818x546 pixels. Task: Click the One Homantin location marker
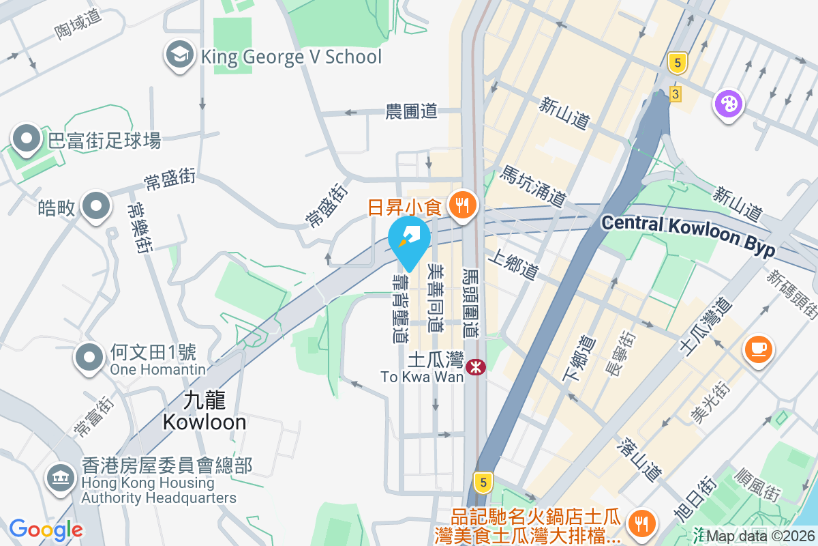point(89,358)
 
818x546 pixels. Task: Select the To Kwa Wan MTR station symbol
point(476,368)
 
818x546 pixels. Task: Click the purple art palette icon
point(728,104)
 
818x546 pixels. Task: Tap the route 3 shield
point(675,94)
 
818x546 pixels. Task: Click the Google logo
point(46,530)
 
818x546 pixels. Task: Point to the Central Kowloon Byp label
point(688,234)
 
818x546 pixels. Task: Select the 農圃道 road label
point(411,112)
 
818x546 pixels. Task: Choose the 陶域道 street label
point(78,25)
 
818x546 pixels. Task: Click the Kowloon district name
point(204,422)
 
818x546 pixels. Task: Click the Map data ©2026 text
point(761,536)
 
